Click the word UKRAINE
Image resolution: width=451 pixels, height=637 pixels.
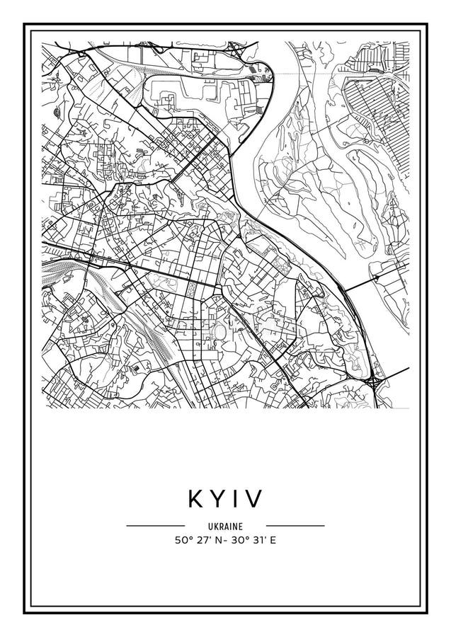point(225,527)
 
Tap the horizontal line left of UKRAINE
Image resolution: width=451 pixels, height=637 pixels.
point(155,526)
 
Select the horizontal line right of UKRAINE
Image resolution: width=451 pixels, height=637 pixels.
point(295,526)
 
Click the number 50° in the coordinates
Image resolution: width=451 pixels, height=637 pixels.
point(182,541)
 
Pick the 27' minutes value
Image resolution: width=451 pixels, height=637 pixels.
point(201,541)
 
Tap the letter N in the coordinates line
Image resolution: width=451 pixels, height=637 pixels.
point(217,541)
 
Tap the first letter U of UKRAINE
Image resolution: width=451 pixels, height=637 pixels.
point(211,527)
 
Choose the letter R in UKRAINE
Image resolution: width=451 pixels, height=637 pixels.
point(221,527)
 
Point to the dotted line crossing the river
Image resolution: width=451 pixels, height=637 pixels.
point(297,73)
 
